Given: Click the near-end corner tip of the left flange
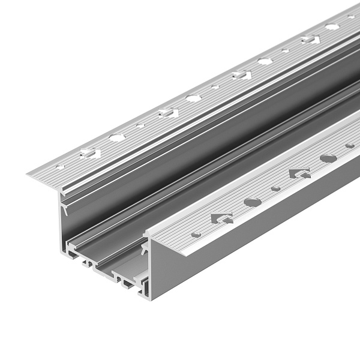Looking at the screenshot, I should pyautogui.click(x=28, y=175).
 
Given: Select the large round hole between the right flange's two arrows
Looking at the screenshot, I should pyautogui.click(x=253, y=202).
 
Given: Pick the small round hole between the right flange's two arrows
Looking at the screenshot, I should pyautogui.click(x=275, y=188).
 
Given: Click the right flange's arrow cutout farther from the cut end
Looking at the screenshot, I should pyautogui.click(x=300, y=173).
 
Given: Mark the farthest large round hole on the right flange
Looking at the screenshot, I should pyautogui.click(x=328, y=158).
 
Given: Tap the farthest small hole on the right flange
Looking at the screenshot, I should pyautogui.click(x=350, y=145).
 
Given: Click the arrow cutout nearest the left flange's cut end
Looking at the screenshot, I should pyautogui.click(x=89, y=153).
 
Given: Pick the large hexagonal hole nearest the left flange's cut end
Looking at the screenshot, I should pyautogui.click(x=117, y=137).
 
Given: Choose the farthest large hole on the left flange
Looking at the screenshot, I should pyautogui.click(x=332, y=27).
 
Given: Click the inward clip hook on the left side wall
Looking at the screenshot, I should pyautogui.click(x=64, y=209).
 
